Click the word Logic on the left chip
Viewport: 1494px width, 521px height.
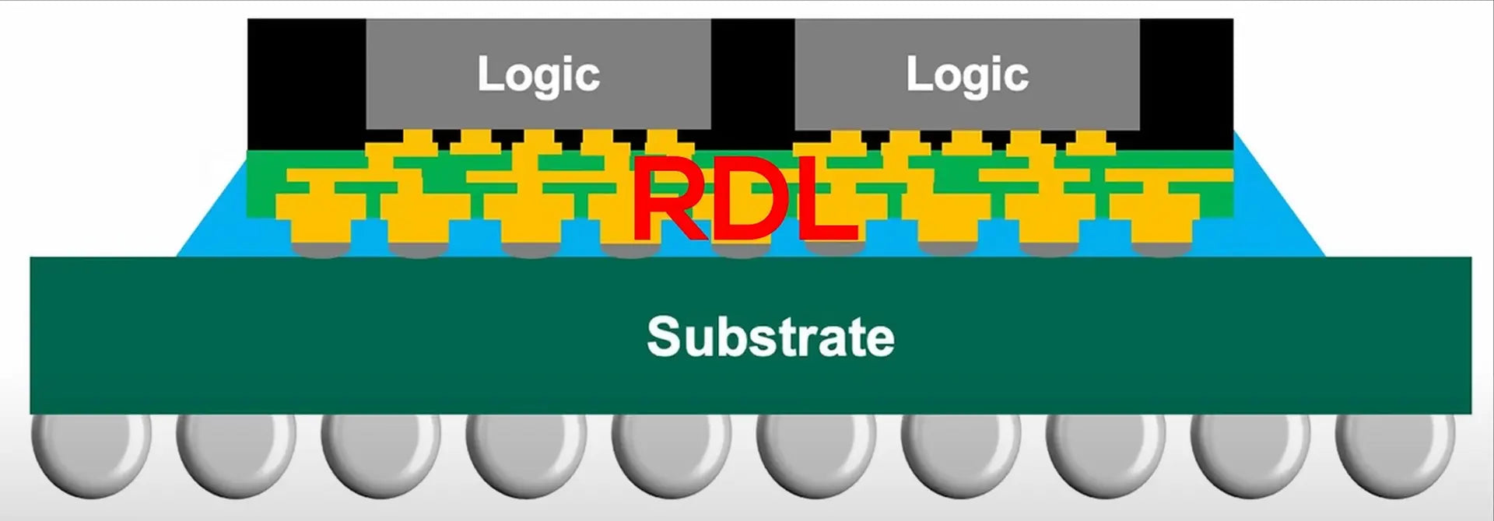point(538,75)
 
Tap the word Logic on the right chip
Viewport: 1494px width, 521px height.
point(967,75)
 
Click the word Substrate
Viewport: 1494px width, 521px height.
point(770,337)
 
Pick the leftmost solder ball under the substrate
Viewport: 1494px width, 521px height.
point(91,456)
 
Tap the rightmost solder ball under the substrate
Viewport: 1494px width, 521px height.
point(1395,456)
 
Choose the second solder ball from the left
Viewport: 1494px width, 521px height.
point(236,456)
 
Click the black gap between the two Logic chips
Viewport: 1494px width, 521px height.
point(752,78)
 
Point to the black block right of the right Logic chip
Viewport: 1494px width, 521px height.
point(1186,78)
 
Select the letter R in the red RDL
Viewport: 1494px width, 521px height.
point(668,199)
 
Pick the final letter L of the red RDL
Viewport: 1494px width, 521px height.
point(826,199)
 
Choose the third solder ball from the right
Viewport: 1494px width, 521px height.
point(1106,456)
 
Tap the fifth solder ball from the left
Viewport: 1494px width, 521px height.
point(671,456)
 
